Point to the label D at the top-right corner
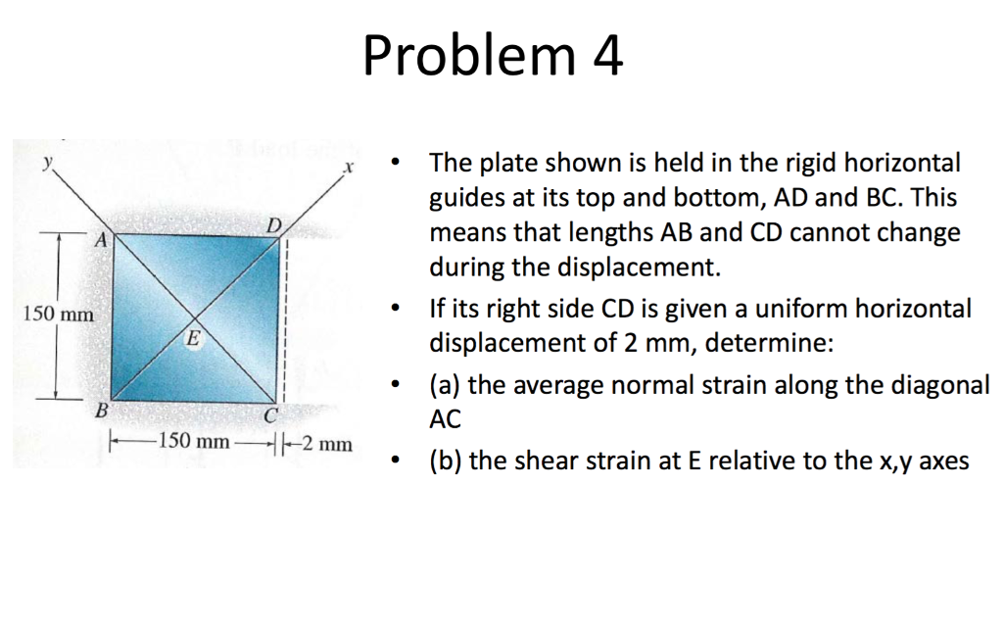[x=275, y=227]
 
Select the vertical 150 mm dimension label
[x=58, y=315]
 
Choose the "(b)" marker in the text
[x=448, y=461]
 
